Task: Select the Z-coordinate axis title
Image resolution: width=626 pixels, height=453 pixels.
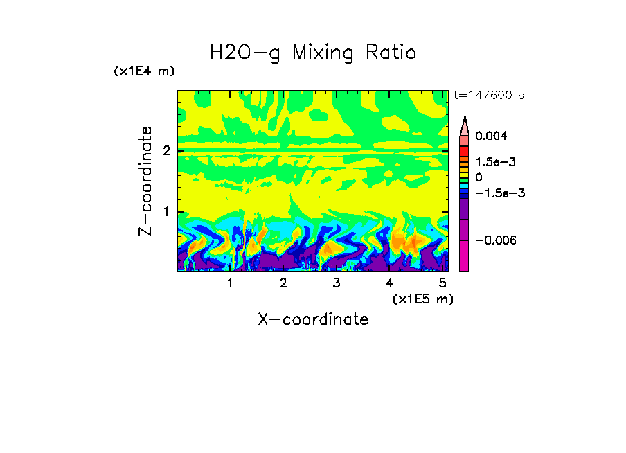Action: pyautogui.click(x=145, y=181)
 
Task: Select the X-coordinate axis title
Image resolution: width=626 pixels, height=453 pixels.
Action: pyautogui.click(x=313, y=319)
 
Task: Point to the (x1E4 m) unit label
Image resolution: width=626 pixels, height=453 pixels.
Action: pyautogui.click(x=144, y=71)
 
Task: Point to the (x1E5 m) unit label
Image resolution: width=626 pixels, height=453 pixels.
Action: pyautogui.click(x=422, y=299)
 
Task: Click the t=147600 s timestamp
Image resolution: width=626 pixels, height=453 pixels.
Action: pyautogui.click(x=488, y=95)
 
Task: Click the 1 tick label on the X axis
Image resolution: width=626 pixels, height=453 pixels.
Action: pyautogui.click(x=230, y=283)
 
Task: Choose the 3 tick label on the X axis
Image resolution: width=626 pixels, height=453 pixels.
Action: pyautogui.click(x=336, y=283)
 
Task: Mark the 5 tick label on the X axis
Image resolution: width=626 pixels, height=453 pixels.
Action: pyautogui.click(x=442, y=283)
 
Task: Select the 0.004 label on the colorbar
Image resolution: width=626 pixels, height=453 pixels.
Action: pyautogui.click(x=492, y=136)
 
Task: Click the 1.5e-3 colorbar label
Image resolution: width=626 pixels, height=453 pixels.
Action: pyautogui.click(x=496, y=161)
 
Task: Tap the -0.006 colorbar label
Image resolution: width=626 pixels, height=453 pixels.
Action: pyautogui.click(x=495, y=240)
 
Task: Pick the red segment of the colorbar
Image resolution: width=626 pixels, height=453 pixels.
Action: pyautogui.click(x=465, y=150)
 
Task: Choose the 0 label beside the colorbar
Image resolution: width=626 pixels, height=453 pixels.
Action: pyautogui.click(x=479, y=177)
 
